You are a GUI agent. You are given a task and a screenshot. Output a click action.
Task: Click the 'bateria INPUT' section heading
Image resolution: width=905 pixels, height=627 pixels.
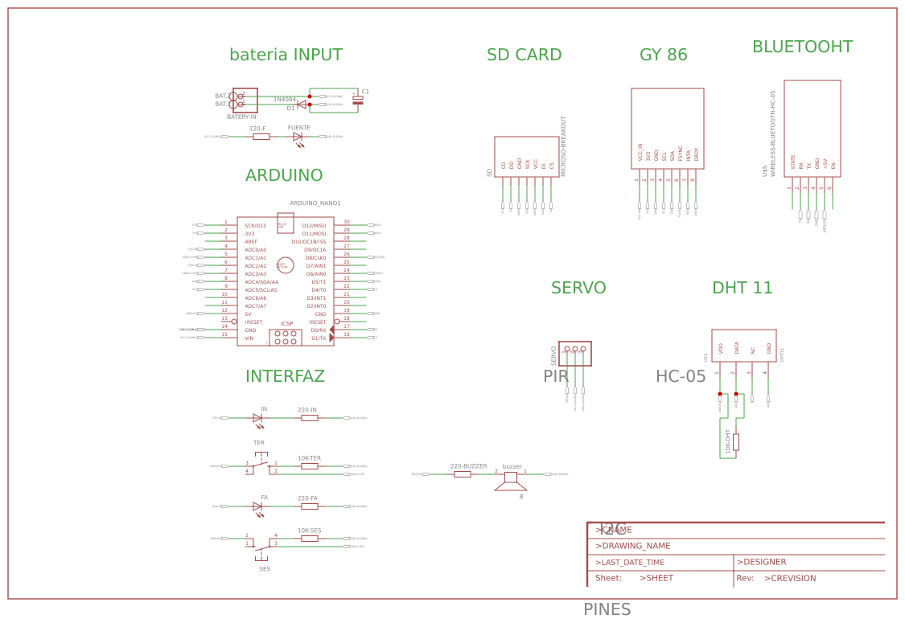(286, 55)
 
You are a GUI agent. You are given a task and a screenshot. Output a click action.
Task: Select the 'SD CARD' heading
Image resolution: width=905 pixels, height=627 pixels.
(524, 55)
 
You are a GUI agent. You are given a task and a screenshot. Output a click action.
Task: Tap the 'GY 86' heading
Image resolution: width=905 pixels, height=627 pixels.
(663, 55)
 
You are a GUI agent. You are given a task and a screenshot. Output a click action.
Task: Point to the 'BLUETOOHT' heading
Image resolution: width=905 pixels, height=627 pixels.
(802, 47)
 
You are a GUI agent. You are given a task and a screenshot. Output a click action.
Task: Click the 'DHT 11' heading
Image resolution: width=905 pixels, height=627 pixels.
(742, 289)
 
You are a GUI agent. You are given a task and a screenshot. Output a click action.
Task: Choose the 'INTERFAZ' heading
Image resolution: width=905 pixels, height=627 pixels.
(285, 377)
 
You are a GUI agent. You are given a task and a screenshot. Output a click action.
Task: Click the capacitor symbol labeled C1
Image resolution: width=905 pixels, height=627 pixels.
(358, 100)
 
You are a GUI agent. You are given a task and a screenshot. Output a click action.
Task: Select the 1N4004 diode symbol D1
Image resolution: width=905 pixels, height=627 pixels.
(302, 104)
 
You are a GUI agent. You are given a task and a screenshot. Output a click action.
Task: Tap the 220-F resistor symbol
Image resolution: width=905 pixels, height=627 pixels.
(261, 137)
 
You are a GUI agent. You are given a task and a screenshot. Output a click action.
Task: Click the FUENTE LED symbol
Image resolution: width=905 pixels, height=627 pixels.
(298, 137)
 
